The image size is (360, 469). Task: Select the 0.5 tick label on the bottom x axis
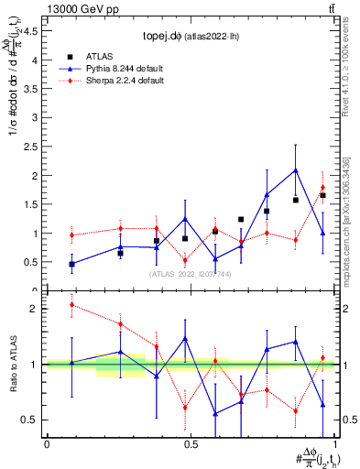[190, 443]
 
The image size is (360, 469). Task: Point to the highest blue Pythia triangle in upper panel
[295, 170]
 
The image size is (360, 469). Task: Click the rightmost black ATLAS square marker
[322, 195]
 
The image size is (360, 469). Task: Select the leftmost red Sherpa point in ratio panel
[72, 305]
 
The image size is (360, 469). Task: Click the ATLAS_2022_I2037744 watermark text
[191, 274]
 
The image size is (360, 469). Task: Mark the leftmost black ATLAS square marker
[72, 264]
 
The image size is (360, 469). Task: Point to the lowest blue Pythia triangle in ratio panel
[215, 414]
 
